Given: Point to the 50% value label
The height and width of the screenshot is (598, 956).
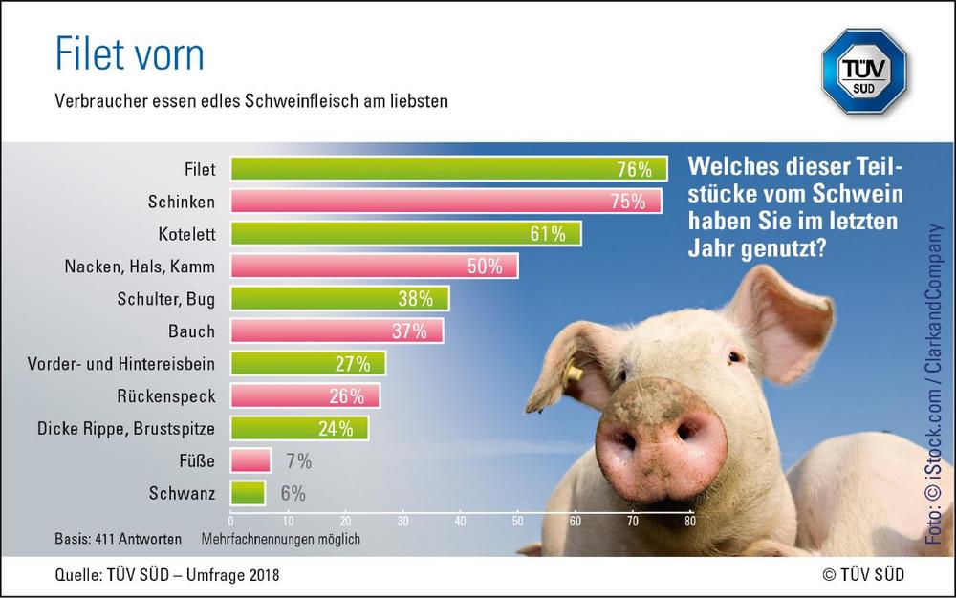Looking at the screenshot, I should tap(485, 267).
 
